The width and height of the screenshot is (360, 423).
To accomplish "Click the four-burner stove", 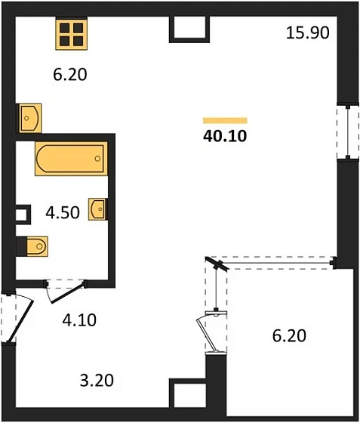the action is (72, 35).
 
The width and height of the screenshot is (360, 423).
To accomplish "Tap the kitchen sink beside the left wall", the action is (30, 118).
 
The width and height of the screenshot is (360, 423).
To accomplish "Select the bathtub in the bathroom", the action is (71, 159).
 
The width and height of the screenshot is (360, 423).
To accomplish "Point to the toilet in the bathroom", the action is (37, 246).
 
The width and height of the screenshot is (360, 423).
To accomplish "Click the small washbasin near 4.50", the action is (97, 209).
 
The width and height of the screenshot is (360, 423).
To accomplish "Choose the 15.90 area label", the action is (308, 32).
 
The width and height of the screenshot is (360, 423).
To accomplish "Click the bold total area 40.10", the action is (225, 136).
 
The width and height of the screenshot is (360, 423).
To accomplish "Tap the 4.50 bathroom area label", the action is (63, 212).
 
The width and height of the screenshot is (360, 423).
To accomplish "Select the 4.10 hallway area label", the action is (79, 320).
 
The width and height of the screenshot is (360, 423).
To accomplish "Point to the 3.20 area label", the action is (97, 381).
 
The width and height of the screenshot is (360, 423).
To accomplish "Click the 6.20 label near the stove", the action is (70, 75).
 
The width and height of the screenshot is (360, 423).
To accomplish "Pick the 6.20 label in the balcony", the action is (289, 336).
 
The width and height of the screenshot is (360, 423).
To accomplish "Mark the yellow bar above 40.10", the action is (225, 121).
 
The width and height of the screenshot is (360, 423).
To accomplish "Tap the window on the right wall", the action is (348, 132).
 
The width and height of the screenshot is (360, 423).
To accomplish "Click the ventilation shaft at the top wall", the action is (189, 29).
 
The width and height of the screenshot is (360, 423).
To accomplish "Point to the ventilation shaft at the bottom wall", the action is (187, 394).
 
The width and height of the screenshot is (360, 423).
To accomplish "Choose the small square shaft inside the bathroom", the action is (23, 215).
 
